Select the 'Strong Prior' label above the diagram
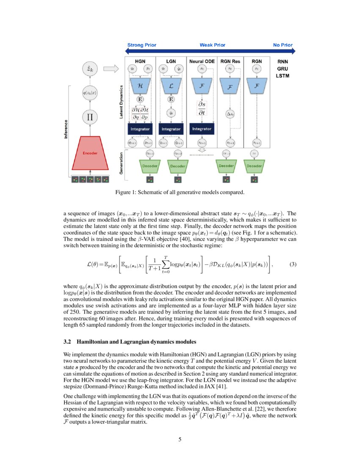tap(141, 45)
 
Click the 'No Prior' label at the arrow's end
tap(282, 45)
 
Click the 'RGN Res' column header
tap(230, 61)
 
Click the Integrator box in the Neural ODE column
tap(202, 128)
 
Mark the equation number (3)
tap(293, 264)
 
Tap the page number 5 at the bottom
tap(180, 439)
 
